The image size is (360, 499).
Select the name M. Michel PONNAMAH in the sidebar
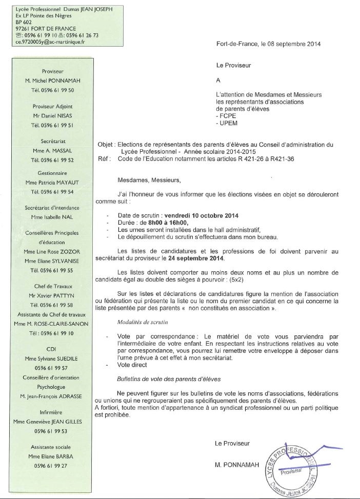click(53, 81)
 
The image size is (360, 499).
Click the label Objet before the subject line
click(106, 145)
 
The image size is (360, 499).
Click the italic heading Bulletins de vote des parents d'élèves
click(169, 379)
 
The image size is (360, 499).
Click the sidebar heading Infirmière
click(53, 412)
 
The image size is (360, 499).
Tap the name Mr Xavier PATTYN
click(53, 296)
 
